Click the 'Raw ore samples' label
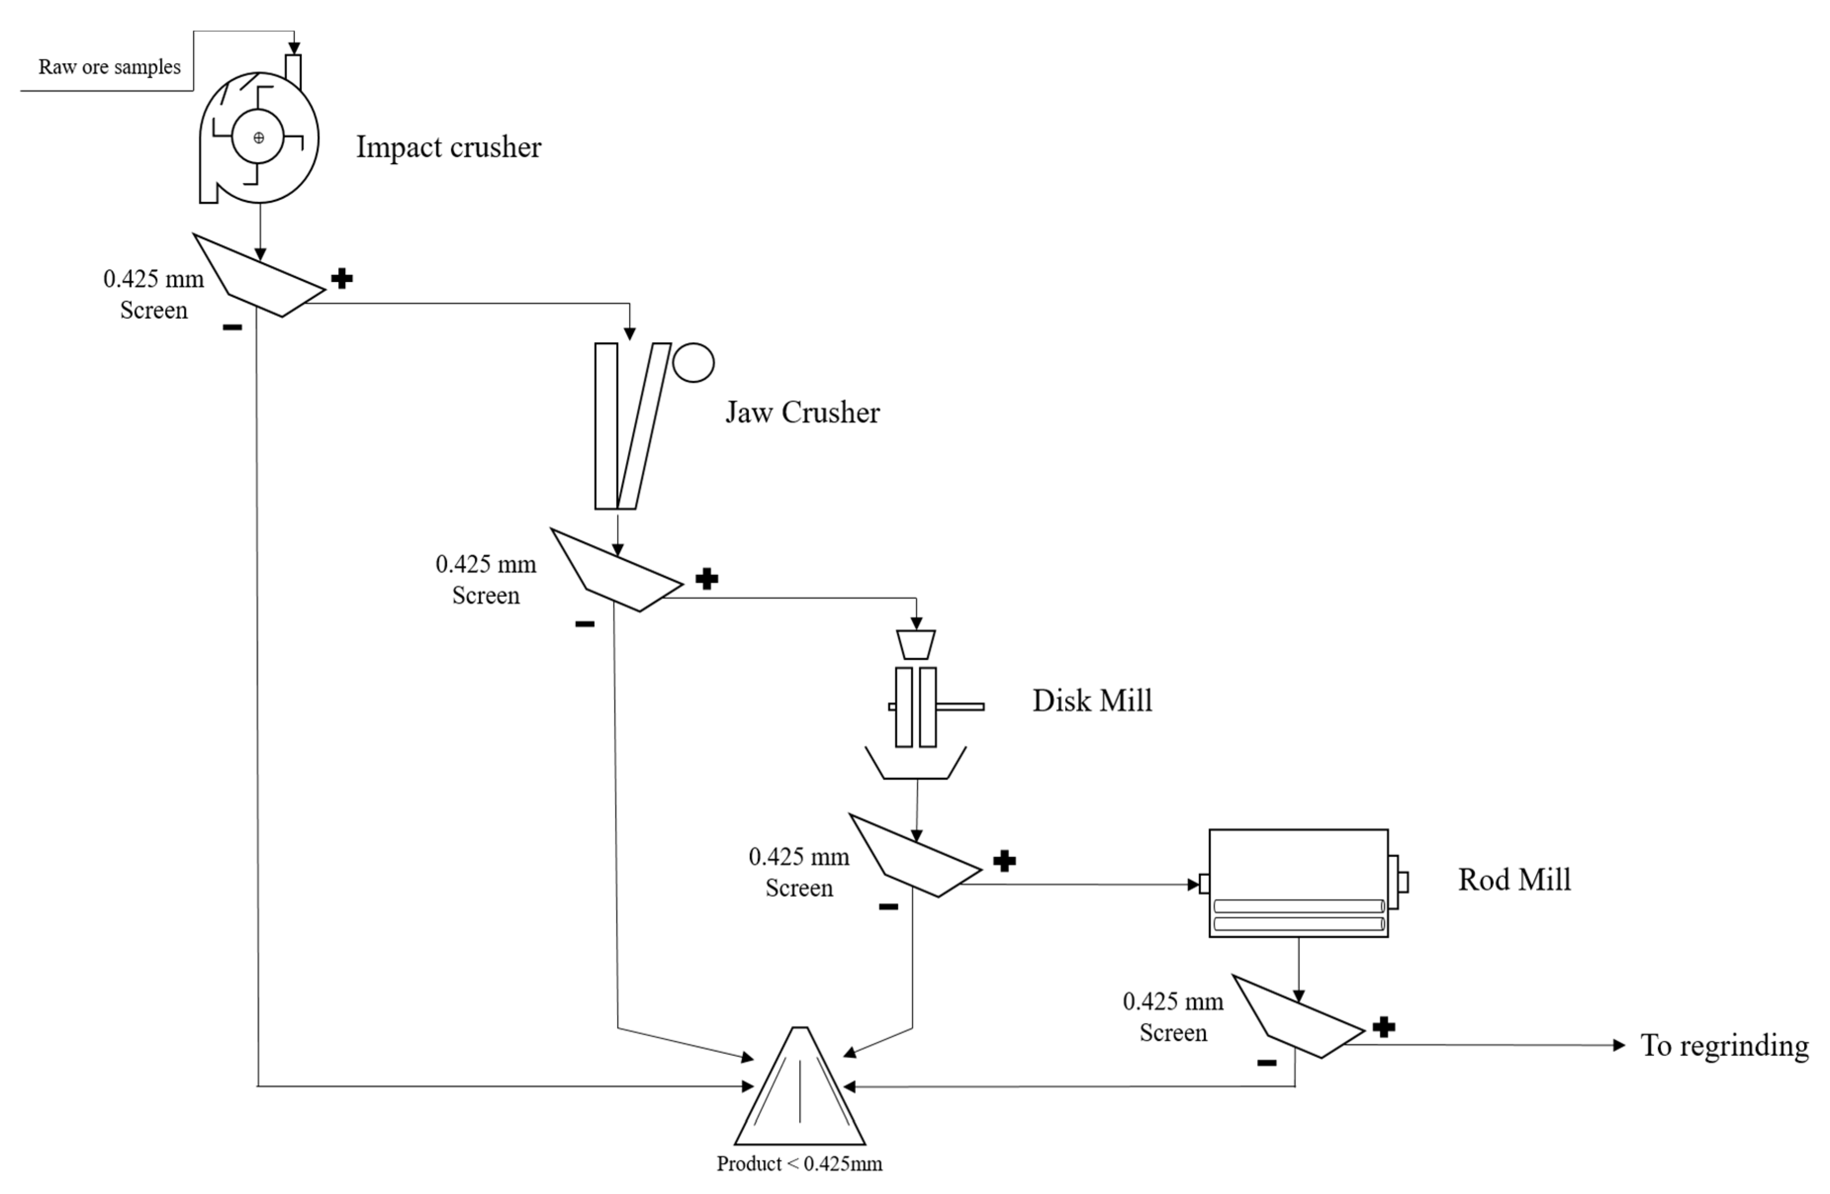tap(109, 67)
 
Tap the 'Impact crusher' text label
tap(448, 147)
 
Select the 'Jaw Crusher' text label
tap(802, 413)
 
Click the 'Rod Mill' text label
tap(1513, 879)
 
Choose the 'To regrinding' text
tap(1724, 1045)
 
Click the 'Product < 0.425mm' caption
tap(799, 1163)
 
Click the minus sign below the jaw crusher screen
tap(584, 624)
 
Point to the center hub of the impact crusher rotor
tap(258, 138)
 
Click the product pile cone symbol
tap(800, 1093)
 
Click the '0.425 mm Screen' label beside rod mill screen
tap(1172, 1016)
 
